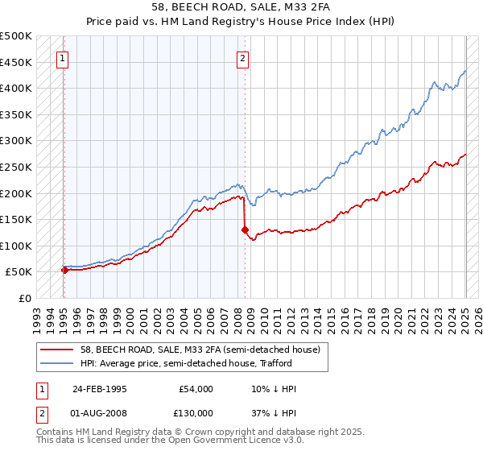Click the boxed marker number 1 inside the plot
pos(63,57)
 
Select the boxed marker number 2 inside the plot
pos(242,57)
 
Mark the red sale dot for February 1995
pos(64,271)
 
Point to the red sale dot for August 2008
pos(243,230)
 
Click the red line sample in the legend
pos(56,350)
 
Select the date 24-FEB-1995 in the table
pos(100,389)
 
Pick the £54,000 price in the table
pos(196,389)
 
